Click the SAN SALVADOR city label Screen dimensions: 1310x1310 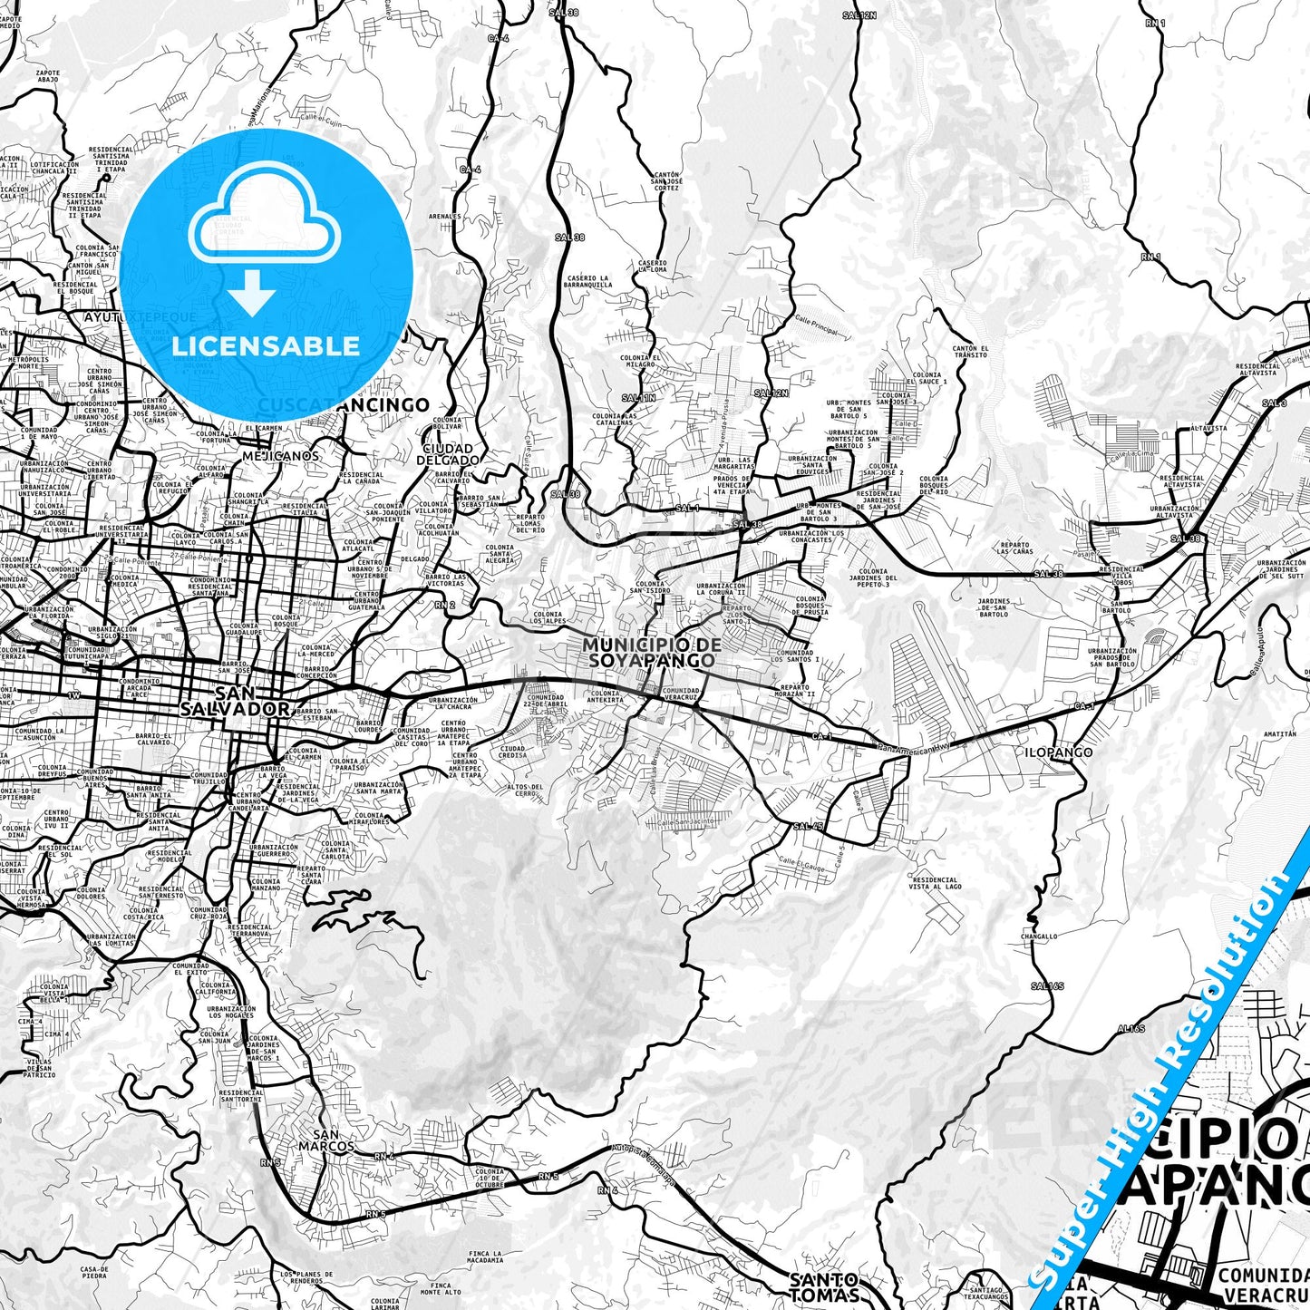point(240,700)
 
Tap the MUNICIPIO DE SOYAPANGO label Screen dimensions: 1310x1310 point(652,652)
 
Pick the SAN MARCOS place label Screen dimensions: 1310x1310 point(332,1140)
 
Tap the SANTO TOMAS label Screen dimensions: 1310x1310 point(824,1286)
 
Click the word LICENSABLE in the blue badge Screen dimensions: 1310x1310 point(266,346)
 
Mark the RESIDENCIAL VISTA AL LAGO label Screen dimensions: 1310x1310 point(936,883)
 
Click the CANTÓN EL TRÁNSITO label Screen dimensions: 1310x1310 point(970,352)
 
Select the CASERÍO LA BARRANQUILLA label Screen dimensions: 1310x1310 point(588,281)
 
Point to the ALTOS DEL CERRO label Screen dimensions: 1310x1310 point(525,791)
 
